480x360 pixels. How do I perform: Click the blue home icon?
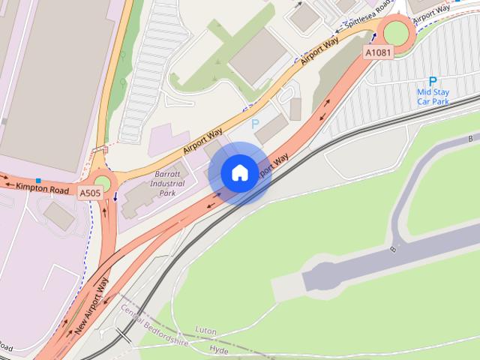239,172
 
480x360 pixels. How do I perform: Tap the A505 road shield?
91,193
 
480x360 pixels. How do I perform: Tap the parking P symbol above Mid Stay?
432,81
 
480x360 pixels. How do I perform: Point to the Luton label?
205,329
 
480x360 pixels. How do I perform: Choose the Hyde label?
219,350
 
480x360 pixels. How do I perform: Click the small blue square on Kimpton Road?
38,181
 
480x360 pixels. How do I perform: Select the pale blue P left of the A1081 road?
255,124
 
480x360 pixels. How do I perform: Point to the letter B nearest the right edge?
470,139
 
